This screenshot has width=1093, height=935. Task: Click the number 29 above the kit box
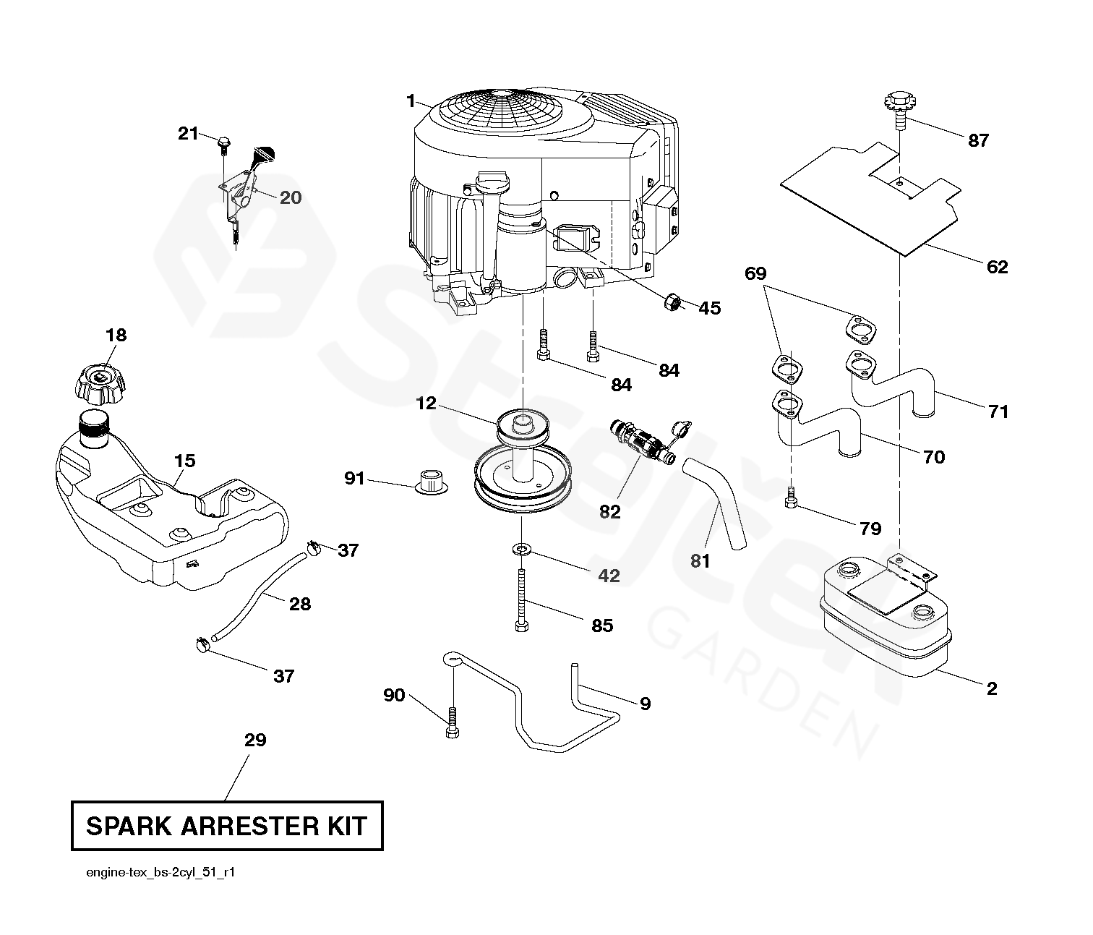pyautogui.click(x=255, y=740)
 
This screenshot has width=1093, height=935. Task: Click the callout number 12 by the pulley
pyautogui.click(x=426, y=404)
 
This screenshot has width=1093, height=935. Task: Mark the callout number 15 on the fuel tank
pyautogui.click(x=184, y=461)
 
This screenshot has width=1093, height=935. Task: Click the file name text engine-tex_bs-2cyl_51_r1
pyautogui.click(x=160, y=873)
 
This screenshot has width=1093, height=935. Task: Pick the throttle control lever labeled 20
pyautogui.click(x=249, y=181)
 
